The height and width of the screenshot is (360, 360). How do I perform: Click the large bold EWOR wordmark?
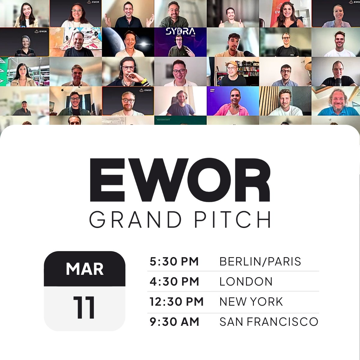pos(180,180)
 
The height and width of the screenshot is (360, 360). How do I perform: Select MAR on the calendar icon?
pos(85,269)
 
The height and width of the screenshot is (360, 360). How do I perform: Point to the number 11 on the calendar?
pos(84,307)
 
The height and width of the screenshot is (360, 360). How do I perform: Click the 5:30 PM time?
pos(174,262)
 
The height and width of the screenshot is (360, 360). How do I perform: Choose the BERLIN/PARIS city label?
pos(260,262)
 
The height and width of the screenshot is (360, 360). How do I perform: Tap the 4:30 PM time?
pos(174,282)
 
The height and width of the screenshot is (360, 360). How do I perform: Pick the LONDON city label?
pos(246,282)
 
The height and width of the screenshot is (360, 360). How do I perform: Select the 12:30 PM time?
pos(176,302)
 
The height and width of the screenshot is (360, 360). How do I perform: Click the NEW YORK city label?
pos(251,302)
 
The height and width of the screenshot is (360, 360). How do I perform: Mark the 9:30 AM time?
pos(174,322)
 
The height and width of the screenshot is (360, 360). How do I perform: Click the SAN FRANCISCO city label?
pos(269,322)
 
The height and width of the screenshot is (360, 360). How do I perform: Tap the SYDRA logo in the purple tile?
pos(180,31)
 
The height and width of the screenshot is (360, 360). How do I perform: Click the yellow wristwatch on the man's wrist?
pos(144,81)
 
